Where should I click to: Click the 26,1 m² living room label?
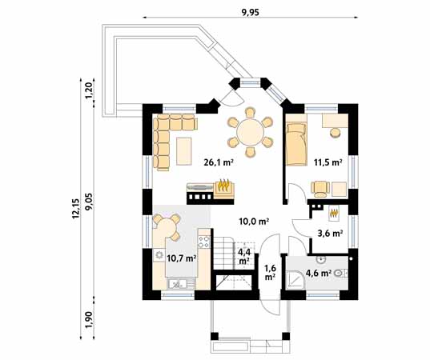tap(218, 162)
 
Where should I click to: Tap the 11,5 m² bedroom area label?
tap(328, 162)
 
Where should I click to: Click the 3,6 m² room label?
tap(331, 234)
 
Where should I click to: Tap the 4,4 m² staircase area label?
tap(244, 256)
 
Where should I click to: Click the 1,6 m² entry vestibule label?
tap(270, 273)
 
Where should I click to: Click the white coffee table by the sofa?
tap(185, 150)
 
